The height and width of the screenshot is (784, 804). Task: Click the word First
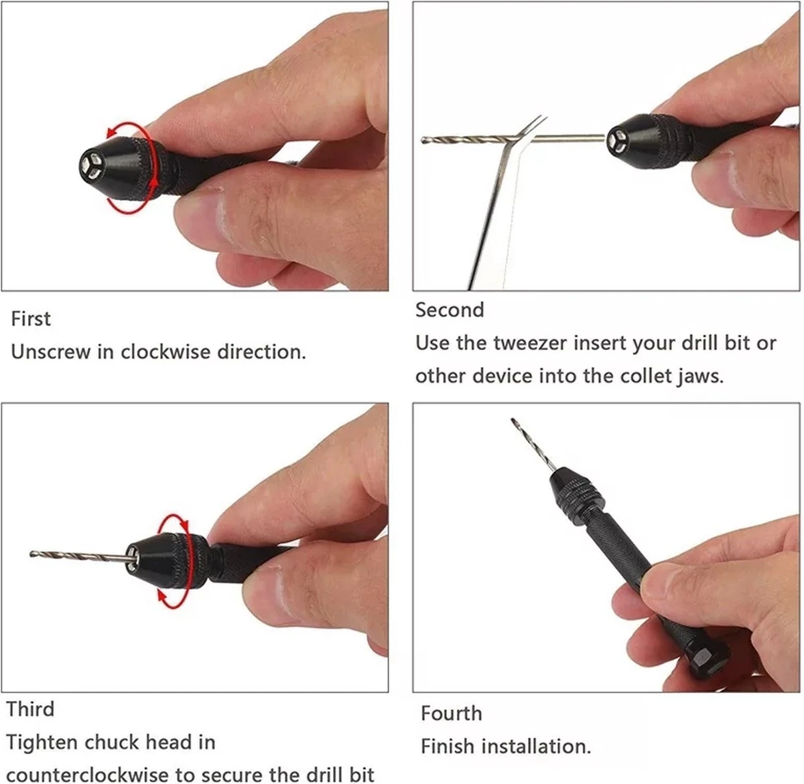[x=31, y=319]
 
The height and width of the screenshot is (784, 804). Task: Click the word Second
[x=450, y=310]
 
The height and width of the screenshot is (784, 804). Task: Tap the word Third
[x=30, y=709]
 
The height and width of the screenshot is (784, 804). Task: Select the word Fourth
[x=451, y=714]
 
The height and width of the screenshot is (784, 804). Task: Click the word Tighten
[x=43, y=742]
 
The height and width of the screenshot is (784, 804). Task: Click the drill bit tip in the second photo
[x=423, y=141]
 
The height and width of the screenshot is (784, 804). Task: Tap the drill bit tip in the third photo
[x=32, y=554]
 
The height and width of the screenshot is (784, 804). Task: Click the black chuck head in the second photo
[x=647, y=141]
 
